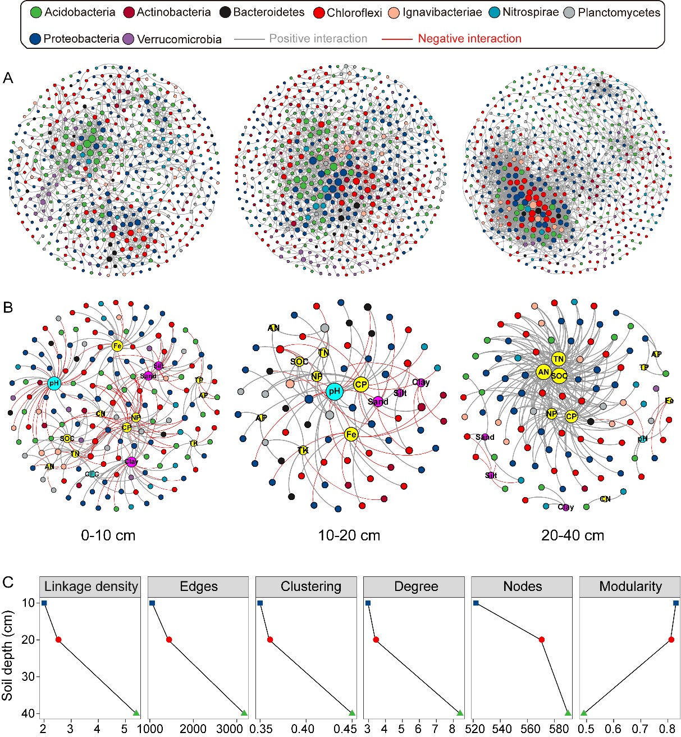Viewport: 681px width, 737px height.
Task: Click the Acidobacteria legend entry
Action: (72, 12)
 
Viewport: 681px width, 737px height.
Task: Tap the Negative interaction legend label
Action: (469, 39)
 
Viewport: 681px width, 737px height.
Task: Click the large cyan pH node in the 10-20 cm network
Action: (334, 392)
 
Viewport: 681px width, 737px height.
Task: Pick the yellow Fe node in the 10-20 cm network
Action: (351, 434)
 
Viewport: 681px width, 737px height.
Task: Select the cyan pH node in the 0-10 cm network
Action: (54, 384)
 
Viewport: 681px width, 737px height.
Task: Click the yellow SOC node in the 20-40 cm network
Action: (559, 376)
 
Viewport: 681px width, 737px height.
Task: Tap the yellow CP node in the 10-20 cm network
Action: (361, 385)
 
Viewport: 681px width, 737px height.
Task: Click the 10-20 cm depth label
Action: (349, 535)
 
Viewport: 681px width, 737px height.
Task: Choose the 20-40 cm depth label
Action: (573, 535)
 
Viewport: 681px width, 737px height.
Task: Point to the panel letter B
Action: (8, 308)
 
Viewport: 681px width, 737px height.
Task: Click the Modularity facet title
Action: (630, 586)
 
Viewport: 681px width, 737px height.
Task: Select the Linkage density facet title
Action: (91, 586)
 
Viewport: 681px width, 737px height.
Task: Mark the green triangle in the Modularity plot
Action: (583, 713)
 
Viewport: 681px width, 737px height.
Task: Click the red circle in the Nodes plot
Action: (542, 639)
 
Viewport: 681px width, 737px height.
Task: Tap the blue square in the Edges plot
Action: (152, 603)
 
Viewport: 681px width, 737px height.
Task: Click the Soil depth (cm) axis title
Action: (7, 656)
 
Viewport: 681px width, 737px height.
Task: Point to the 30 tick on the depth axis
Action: (27, 676)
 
